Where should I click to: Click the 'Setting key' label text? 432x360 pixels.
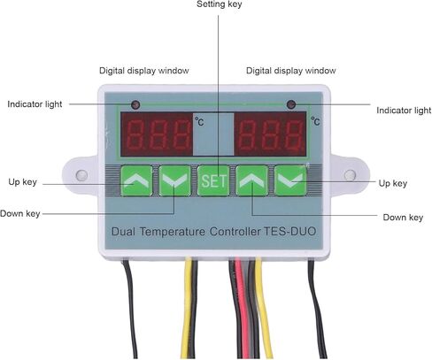tap(219, 4)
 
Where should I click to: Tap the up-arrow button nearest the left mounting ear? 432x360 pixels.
tap(136, 180)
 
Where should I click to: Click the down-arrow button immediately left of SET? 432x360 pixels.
tap(175, 180)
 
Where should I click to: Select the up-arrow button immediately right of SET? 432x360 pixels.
tap(251, 180)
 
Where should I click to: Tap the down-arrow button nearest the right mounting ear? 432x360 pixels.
tap(290, 180)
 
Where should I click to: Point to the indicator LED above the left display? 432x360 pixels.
tap(135, 104)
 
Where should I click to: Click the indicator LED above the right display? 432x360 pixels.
tap(291, 104)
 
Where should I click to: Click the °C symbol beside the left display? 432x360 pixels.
tap(199, 121)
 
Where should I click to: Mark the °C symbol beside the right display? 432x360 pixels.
tap(315, 121)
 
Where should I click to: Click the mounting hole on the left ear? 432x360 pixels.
tap(81, 175)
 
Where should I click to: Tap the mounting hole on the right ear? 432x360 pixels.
tap(350, 175)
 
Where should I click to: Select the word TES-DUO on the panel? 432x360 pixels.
tap(289, 231)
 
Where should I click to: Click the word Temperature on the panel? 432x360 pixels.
tap(173, 232)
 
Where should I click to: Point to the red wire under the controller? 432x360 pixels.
tap(243, 307)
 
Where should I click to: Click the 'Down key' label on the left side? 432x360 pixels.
tap(20, 213)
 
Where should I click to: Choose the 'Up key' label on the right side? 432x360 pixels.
tap(393, 183)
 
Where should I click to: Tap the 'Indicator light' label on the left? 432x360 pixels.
tap(35, 104)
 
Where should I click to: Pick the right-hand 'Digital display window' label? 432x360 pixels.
tap(291, 71)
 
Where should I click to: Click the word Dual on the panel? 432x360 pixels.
tap(123, 232)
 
